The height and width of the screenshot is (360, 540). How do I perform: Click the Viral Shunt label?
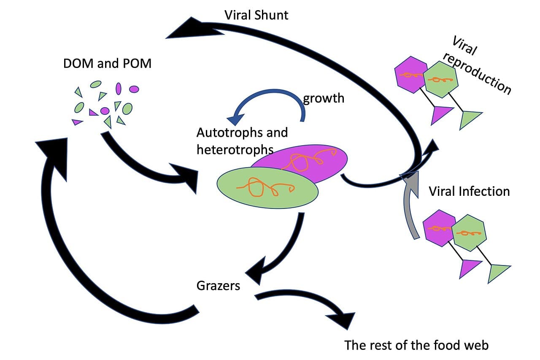256,15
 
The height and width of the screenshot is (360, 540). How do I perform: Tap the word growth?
324,98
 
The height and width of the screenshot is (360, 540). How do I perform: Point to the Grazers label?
218,286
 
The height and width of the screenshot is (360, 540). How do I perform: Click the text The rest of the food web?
416,345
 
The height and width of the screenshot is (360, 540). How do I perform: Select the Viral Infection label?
469,191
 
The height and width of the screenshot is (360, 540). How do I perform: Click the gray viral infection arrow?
410,207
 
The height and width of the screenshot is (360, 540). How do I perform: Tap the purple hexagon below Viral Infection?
437,228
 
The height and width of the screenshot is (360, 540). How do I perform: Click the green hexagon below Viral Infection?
469,232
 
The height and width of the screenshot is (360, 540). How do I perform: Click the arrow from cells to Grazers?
287,249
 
